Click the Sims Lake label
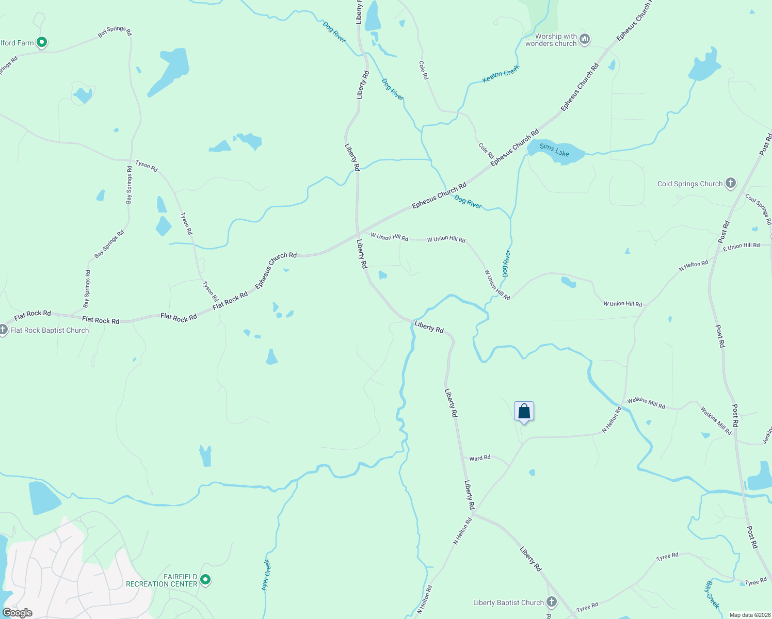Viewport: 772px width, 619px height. pyautogui.click(x=554, y=150)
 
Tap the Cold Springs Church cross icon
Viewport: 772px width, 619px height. pyautogui.click(x=730, y=183)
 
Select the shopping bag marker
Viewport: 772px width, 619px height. pyautogui.click(x=524, y=412)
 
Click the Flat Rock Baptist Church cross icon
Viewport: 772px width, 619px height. pyautogui.click(x=3, y=330)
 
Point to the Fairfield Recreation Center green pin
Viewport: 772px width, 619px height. pyautogui.click(x=205, y=580)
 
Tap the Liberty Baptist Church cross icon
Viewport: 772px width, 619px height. pyautogui.click(x=552, y=602)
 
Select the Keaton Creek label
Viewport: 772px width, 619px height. pyautogui.click(x=501, y=74)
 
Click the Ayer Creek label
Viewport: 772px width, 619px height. pyautogui.click(x=266, y=575)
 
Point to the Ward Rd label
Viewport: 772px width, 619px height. pyautogui.click(x=480, y=458)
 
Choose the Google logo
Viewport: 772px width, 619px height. pyautogui.click(x=17, y=613)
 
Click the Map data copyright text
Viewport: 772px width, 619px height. pyautogui.click(x=748, y=615)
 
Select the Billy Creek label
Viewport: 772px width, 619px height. pyautogui.click(x=712, y=594)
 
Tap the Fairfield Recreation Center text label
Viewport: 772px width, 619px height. pyautogui.click(x=162, y=580)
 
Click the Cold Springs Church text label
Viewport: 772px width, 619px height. pyautogui.click(x=689, y=184)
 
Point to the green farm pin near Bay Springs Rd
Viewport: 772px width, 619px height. pyautogui.click(x=42, y=42)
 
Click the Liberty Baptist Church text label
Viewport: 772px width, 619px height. pyautogui.click(x=508, y=602)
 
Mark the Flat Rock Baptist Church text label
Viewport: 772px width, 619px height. pyautogui.click(x=50, y=330)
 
